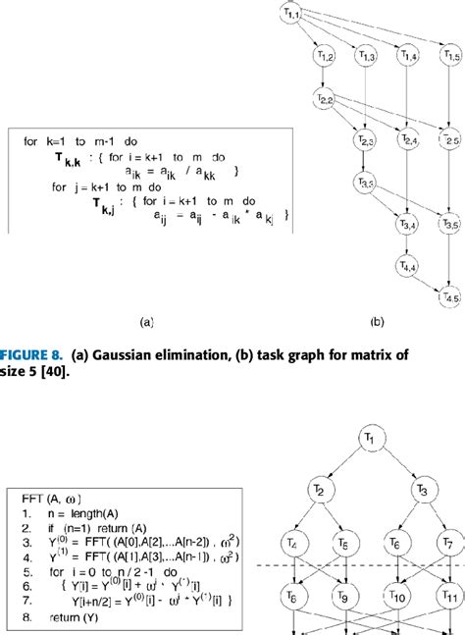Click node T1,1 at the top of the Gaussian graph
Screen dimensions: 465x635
point(291,13)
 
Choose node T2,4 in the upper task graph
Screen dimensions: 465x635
point(408,142)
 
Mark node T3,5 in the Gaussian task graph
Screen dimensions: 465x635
point(450,225)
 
